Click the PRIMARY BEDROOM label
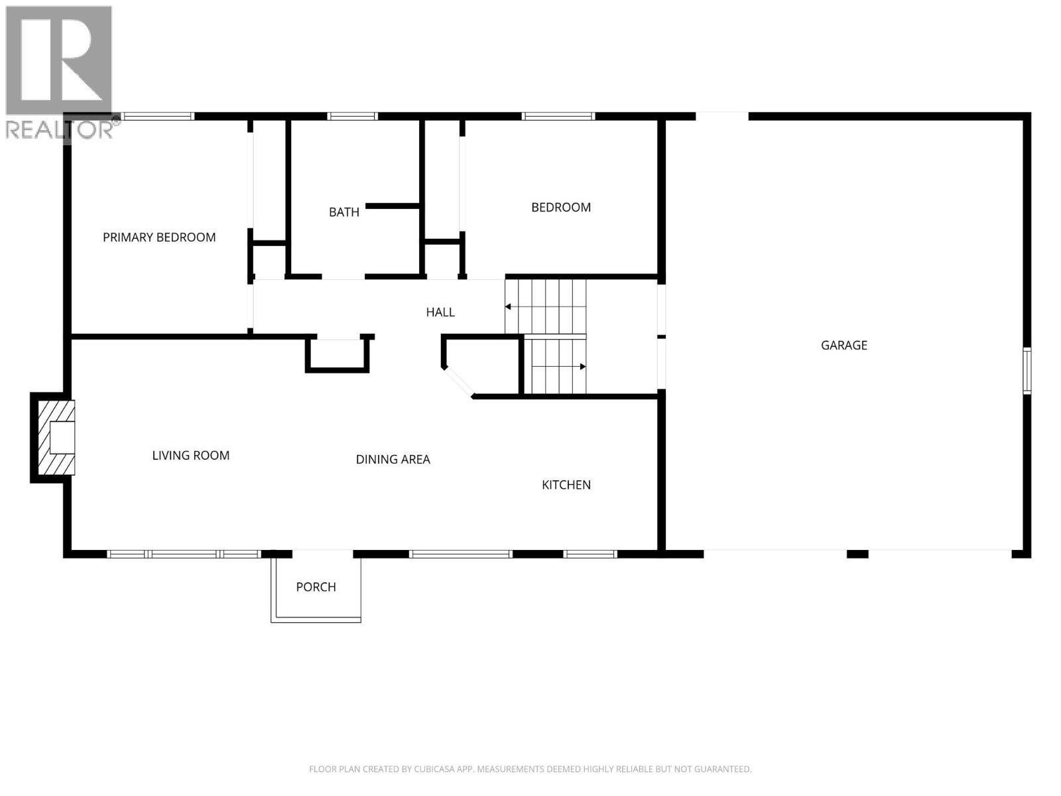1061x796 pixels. pos(159,237)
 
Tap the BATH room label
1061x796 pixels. pos(344,212)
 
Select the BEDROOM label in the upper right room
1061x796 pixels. pos(561,208)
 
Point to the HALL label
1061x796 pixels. pos(440,312)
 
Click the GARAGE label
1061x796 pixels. pos(844,345)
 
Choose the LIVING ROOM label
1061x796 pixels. pos(191,456)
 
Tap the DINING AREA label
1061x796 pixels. pos(393,459)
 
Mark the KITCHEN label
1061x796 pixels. pos(566,485)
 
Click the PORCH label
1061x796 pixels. pos(316,587)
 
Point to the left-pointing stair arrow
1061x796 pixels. pos(509,306)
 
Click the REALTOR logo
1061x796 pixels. pos(60,73)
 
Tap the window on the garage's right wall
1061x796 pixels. pos(1027,371)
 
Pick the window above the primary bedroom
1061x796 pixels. pos(158,117)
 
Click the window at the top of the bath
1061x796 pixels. pos(352,117)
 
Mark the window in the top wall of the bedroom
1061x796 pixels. pos(558,117)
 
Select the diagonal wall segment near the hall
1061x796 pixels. pos(458,383)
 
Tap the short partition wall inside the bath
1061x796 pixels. pos(393,206)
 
